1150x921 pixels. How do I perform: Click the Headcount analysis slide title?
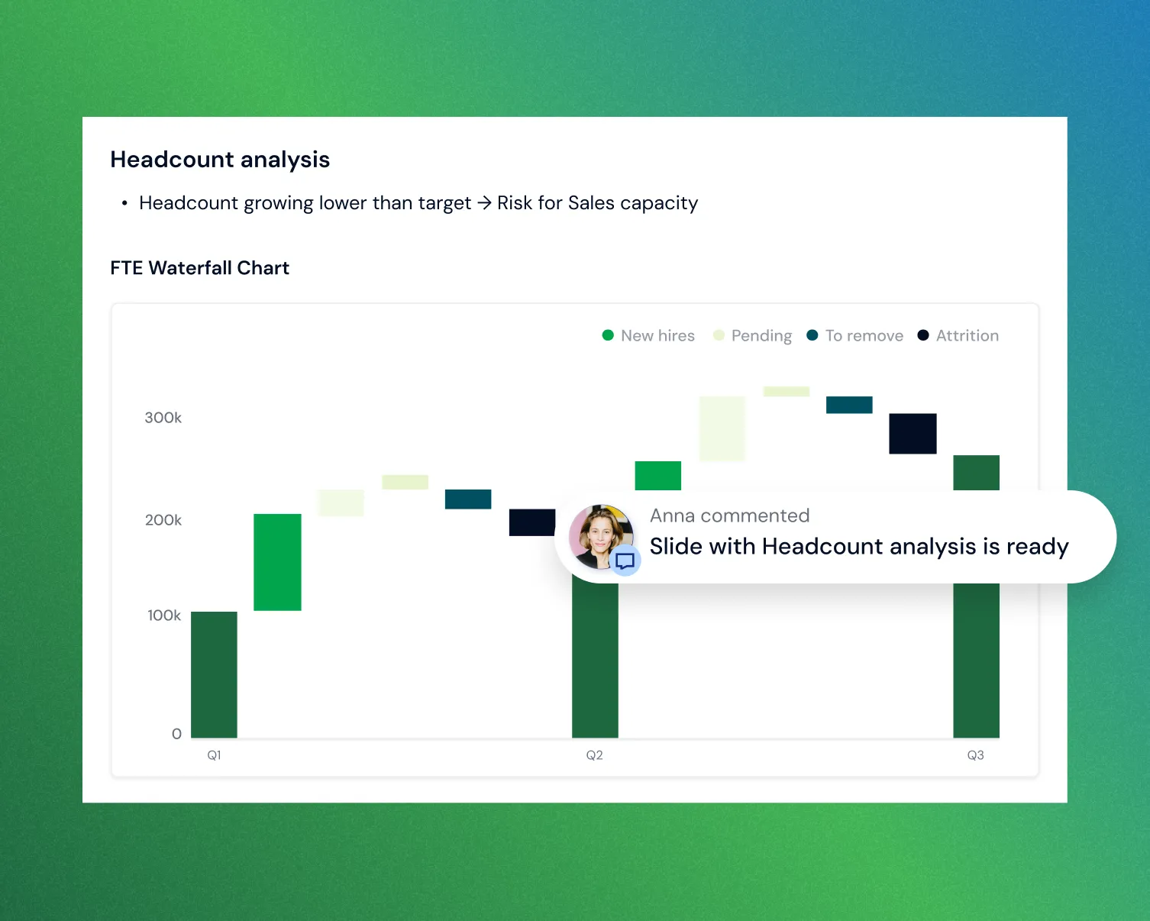coord(220,160)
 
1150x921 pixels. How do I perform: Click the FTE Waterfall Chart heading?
coord(199,268)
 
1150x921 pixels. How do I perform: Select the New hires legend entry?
coord(648,336)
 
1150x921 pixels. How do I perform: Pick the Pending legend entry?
coord(752,336)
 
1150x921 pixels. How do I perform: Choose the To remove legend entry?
coord(855,336)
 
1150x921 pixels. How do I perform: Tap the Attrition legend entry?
coord(958,336)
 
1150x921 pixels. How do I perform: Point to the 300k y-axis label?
coord(163,418)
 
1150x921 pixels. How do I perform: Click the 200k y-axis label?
coord(163,520)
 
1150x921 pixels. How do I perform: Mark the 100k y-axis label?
coord(164,616)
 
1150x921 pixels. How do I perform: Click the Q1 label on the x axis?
coord(215,755)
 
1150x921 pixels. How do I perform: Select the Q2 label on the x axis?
coord(595,755)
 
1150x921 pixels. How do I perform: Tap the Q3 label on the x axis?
coord(976,755)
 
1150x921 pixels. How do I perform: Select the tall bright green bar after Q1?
coord(277,562)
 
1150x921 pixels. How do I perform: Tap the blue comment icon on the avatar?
coord(625,561)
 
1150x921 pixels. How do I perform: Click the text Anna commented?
coord(729,516)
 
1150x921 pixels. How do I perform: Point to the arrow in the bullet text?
coord(484,203)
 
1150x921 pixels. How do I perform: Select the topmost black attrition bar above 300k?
coord(913,434)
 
